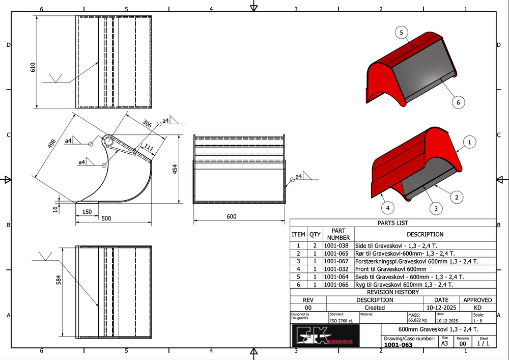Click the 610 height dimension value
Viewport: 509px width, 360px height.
33,67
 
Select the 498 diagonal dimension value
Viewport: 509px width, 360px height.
52,144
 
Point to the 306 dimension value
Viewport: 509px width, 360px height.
147,123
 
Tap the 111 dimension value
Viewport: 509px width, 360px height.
149,148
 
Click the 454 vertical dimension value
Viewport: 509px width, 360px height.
175,169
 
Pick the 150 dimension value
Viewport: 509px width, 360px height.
87,212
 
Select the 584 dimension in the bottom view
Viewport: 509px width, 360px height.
59,280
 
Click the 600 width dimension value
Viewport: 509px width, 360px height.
232,216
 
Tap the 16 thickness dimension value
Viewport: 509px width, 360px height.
55,209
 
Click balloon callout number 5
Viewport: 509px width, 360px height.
402,33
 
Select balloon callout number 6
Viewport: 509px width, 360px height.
458,102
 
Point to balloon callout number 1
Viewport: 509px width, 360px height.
469,142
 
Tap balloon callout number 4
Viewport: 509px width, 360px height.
387,208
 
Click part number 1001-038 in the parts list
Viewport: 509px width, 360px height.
336,246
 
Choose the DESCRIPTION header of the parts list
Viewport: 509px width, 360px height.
425,234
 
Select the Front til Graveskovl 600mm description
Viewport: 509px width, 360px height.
390,269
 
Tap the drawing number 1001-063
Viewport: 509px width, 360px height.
399,345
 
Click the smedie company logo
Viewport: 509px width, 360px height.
326,336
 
